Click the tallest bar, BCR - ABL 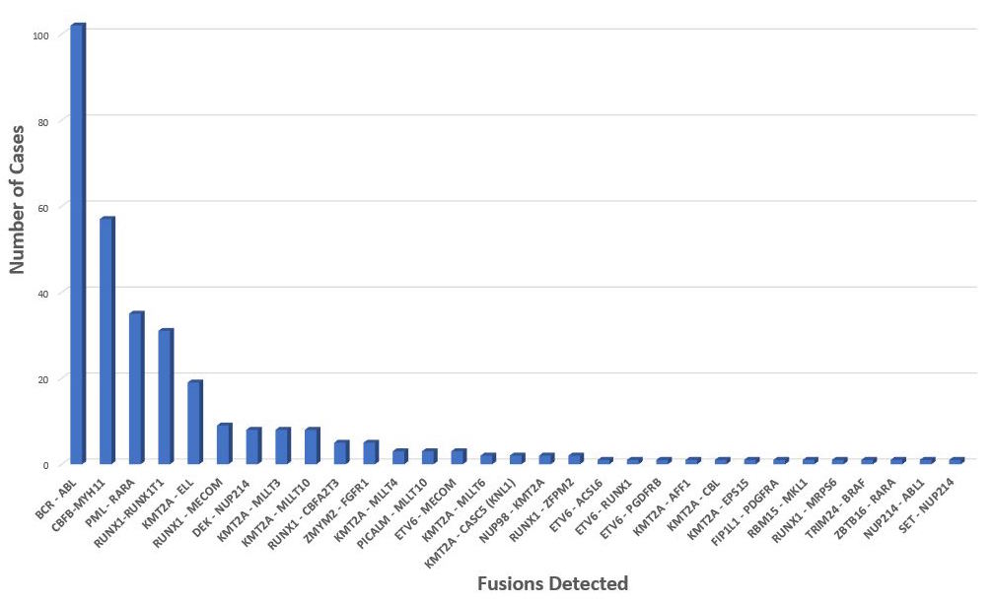[x=77, y=246]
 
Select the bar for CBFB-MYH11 [x=106, y=340]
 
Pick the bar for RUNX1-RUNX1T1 [x=165, y=396]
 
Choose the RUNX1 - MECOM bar [x=224, y=443]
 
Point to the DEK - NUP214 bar [x=252, y=445]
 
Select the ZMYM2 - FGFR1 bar [x=370, y=452]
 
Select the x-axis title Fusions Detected [x=552, y=583]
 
